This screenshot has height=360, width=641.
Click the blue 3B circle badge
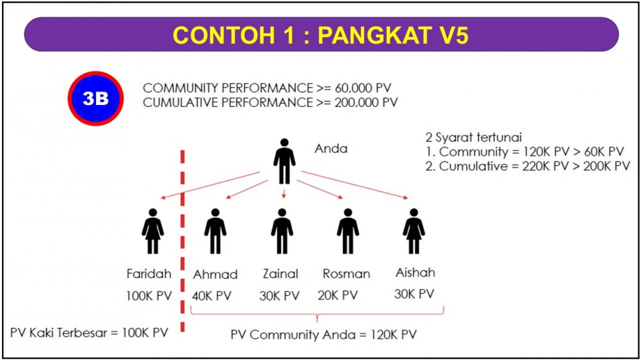click(x=96, y=99)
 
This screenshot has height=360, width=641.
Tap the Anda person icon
click(x=284, y=161)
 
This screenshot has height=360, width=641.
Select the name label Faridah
click(x=149, y=274)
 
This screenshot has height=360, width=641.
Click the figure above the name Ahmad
click(x=215, y=231)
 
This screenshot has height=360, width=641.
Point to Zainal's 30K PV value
click(x=279, y=295)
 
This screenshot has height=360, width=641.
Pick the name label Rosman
click(x=346, y=274)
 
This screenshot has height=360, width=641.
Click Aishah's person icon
click(x=413, y=231)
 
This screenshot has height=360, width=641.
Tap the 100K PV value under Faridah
click(x=149, y=295)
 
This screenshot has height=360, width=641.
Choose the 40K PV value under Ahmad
click(x=212, y=295)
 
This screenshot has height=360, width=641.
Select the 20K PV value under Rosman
click(x=338, y=295)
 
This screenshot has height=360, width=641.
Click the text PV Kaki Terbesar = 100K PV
click(x=89, y=332)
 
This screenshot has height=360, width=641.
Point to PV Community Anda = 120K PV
click(x=323, y=334)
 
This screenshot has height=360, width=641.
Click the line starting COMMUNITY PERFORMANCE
click(x=267, y=88)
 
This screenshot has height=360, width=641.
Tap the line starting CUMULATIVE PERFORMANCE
click(x=271, y=102)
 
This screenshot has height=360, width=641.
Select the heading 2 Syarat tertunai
click(x=474, y=137)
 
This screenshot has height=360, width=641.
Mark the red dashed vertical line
click(x=183, y=241)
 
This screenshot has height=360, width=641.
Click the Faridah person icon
click(x=153, y=231)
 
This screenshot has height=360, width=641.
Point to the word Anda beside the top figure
click(x=331, y=149)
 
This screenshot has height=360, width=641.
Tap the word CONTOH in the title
click(x=223, y=35)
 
